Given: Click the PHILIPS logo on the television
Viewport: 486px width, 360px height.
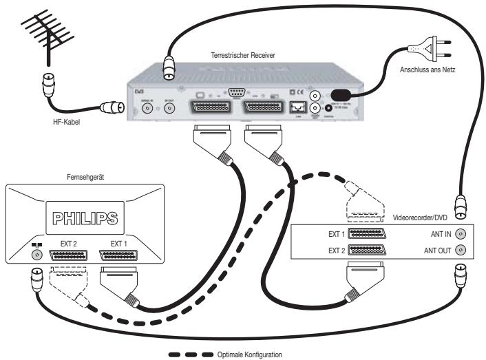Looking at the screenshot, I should point(85,219).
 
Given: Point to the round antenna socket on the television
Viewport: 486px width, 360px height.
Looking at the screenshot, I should point(32,254).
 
